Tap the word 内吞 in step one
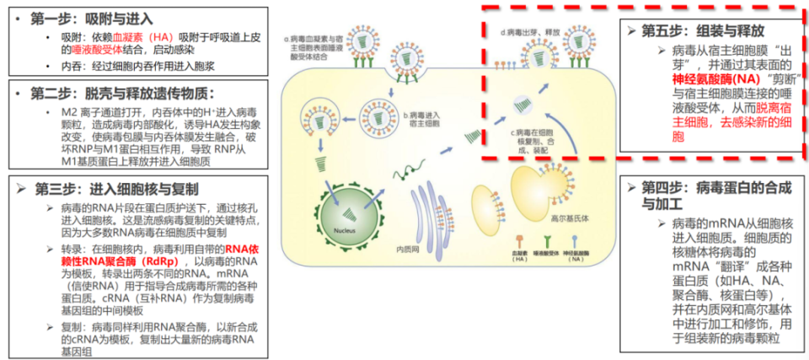tap(72, 64)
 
